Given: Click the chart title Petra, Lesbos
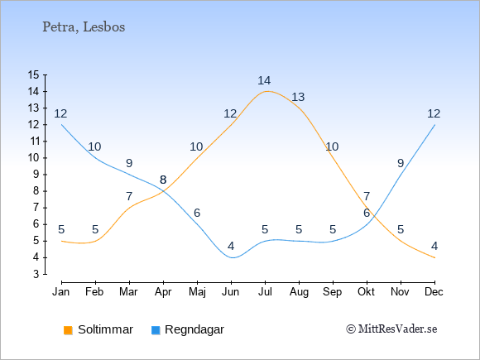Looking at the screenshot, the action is pos(84,27).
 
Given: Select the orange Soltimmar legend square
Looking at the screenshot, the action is pos(68,330).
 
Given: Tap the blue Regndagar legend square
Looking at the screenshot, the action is pos(156,330).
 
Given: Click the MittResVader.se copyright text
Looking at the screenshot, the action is pos(391,329).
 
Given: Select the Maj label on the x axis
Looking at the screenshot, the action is pos(197,292).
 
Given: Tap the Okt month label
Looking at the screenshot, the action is pos(366,292).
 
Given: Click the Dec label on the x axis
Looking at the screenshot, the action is pos(434,292).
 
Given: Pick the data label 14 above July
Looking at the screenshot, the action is pos(264,80).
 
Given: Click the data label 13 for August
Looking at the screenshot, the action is pos(298,97).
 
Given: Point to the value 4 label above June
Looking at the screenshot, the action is pos(231,246).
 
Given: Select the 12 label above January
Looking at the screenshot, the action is pos(60,113).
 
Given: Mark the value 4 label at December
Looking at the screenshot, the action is pos(434,246).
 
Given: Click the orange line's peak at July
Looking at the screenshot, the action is pos(265,91).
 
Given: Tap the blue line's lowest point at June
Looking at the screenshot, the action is pos(232,257).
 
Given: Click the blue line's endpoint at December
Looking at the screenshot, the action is pos(434,125).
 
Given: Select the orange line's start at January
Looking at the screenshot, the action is pos(62,241).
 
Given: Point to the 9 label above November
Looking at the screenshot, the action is pos(401,164).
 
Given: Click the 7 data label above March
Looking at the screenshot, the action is pos(129,196).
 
